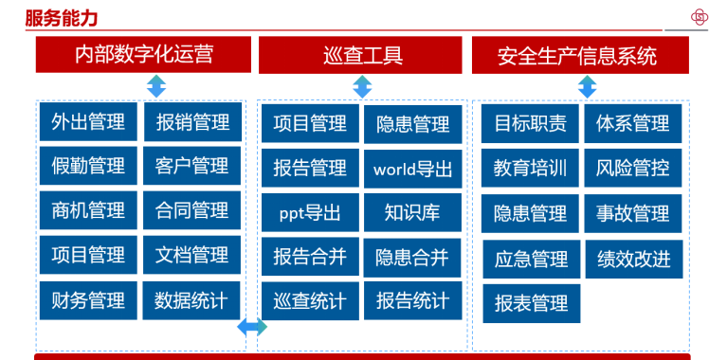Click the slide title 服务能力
pos(62,18)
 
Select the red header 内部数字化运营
pos(144,55)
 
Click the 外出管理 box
pos(88,122)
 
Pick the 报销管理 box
pos(192,122)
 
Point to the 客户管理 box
pos(191,166)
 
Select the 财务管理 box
pos(88,300)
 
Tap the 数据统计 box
pos(191,300)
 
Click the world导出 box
pos(412,169)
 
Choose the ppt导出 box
pos(310,212)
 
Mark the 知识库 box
pos(412,212)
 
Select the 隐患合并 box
pos(412,257)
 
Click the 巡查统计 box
pos(310,302)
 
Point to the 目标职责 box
pos(531,123)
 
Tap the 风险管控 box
pos(633,168)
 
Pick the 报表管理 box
pos(531,303)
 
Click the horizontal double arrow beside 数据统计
pos(251,327)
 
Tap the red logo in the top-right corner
pos(700,17)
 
